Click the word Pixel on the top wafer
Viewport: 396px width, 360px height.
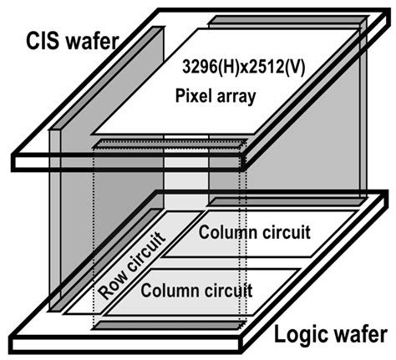point(194,96)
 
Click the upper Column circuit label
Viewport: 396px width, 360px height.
point(255,228)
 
